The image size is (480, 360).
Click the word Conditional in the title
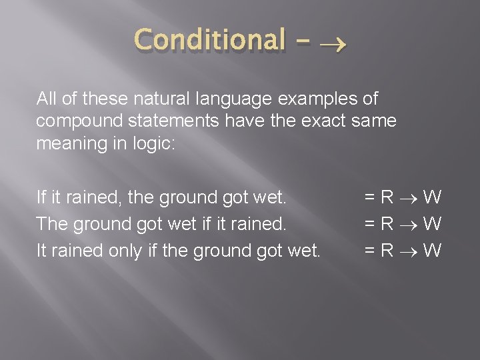[209, 40]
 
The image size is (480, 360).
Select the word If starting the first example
[41, 197]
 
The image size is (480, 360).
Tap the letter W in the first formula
[433, 197]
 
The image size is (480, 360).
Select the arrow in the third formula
[409, 251]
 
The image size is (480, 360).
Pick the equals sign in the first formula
[369, 197]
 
